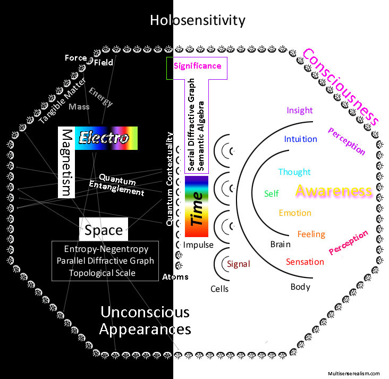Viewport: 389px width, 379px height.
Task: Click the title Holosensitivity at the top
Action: pyautogui.click(x=197, y=21)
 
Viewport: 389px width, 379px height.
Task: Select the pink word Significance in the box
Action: pyautogui.click(x=197, y=66)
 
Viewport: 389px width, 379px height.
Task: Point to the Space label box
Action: pyautogui.click(x=104, y=231)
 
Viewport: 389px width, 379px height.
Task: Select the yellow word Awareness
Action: pyautogui.click(x=333, y=191)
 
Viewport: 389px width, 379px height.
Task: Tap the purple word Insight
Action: pyautogui.click(x=300, y=110)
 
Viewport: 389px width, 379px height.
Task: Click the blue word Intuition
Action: pyautogui.click(x=300, y=139)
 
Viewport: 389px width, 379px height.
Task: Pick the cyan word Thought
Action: pyautogui.click(x=294, y=172)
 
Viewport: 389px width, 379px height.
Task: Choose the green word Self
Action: pyautogui.click(x=271, y=193)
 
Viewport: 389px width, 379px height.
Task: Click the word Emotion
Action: pyautogui.click(x=295, y=213)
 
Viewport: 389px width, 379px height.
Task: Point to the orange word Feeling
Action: pyautogui.click(x=311, y=234)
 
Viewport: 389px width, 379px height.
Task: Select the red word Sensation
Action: pyautogui.click(x=305, y=262)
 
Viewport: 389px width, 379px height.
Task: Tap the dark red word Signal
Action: pyautogui.click(x=238, y=264)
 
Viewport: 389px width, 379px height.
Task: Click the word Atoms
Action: pyautogui.click(x=175, y=277)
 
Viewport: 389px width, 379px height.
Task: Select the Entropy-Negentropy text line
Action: pyautogui.click(x=106, y=249)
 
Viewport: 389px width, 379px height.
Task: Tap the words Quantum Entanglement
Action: pyautogui.click(x=122, y=186)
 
